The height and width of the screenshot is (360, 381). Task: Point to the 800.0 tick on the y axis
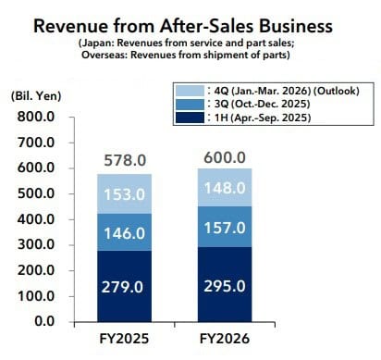pos(34,118)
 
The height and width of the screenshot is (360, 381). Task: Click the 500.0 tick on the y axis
pos(34,194)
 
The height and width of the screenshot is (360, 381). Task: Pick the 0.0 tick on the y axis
pos(43,321)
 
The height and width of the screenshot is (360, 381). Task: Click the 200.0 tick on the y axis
pos(34,270)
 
